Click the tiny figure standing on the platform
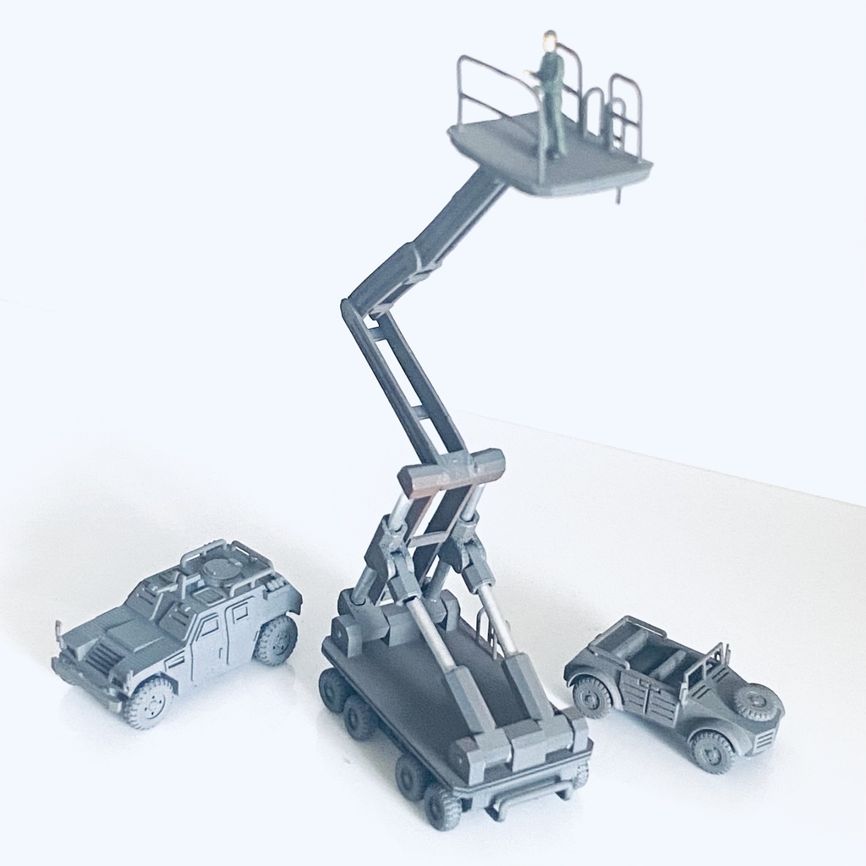[x=551, y=97]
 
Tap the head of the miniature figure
[x=551, y=38]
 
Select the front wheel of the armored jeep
[x=149, y=701]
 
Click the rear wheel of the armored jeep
[x=276, y=639]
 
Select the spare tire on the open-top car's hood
[x=755, y=702]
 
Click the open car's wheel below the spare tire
[x=711, y=751]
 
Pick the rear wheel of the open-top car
[x=591, y=697]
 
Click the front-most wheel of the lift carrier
[x=442, y=806]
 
